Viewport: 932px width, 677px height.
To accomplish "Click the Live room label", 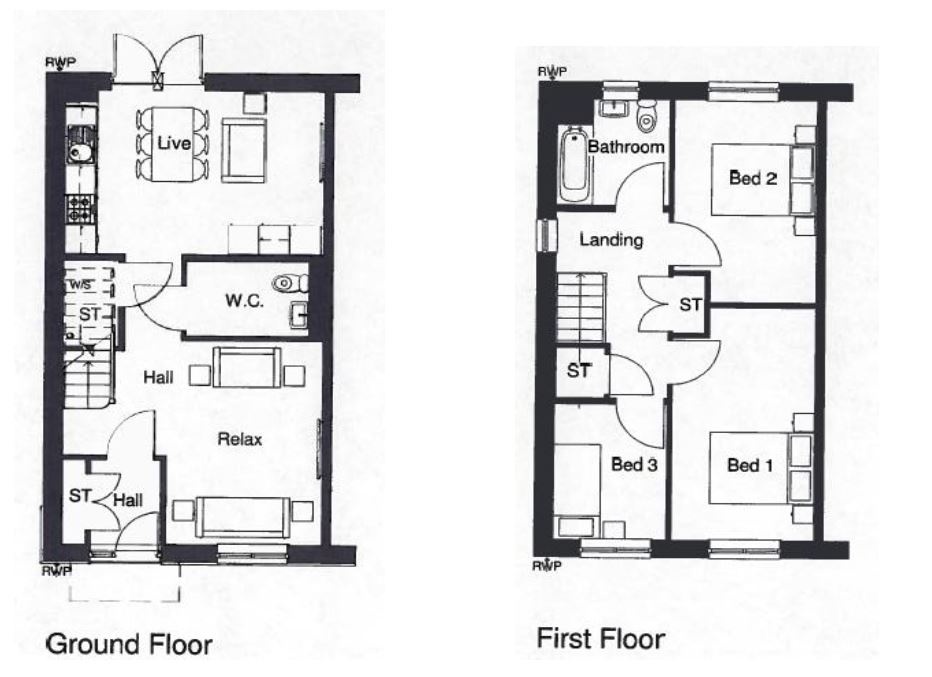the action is tap(174, 143).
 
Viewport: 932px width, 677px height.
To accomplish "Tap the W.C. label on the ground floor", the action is tap(244, 301).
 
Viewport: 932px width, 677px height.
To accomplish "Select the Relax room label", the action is tap(240, 439).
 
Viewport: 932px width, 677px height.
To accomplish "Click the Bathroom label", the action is tap(626, 147).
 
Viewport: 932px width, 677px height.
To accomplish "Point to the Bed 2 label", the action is tap(753, 178).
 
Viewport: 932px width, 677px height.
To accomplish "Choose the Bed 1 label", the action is tap(750, 465).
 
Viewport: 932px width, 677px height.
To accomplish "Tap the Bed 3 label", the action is tap(634, 464).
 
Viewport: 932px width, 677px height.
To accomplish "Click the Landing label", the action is tap(611, 240).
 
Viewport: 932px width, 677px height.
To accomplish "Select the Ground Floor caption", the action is tap(129, 644).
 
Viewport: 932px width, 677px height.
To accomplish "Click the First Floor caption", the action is tap(601, 639).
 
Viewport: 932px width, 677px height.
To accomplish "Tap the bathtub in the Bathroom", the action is tap(574, 165).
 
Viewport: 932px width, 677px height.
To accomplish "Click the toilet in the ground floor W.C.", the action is tap(291, 284).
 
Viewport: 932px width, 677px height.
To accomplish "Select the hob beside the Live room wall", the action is tap(81, 209).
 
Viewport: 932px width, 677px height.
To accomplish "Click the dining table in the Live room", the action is tap(173, 144).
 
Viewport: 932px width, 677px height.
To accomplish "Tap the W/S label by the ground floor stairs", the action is tap(81, 285).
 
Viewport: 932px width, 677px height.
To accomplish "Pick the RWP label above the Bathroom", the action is tap(552, 72).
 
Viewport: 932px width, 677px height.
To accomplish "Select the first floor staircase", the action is tap(581, 307).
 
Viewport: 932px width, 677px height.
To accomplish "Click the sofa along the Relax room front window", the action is tap(243, 516).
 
